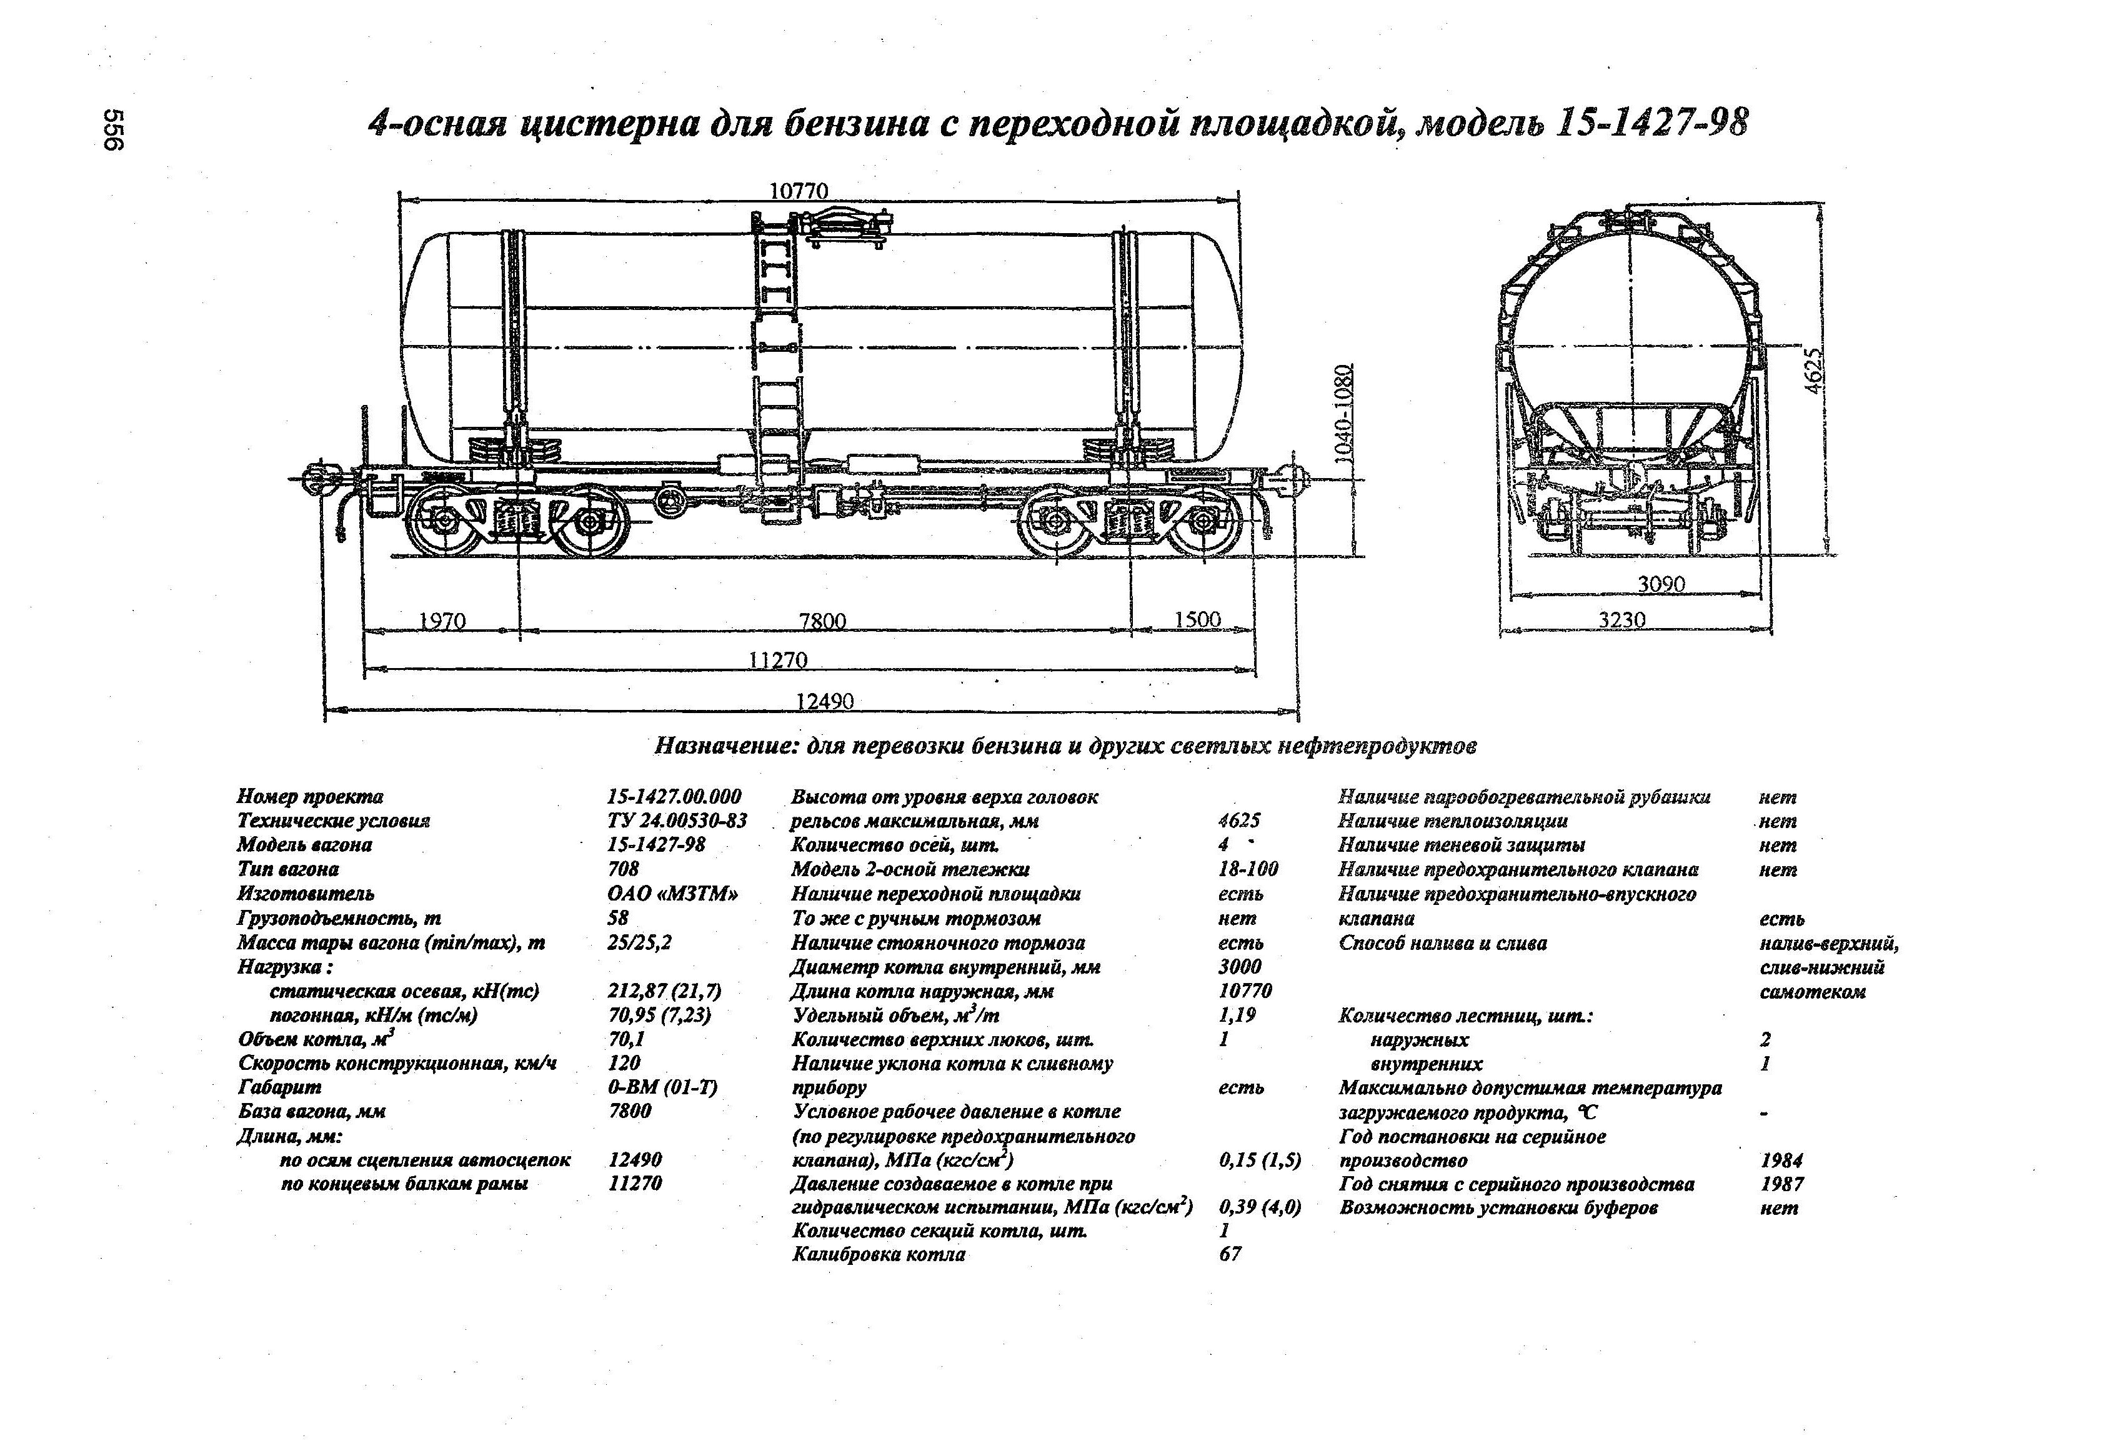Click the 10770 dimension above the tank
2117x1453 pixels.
click(799, 191)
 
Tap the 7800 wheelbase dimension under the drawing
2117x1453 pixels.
click(822, 621)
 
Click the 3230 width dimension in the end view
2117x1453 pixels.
click(1622, 619)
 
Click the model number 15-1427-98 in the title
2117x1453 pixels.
click(1653, 123)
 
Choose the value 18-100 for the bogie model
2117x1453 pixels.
click(1248, 869)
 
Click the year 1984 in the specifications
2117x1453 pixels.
click(1782, 1161)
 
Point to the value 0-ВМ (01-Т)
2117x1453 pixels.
click(662, 1087)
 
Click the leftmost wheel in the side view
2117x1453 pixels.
click(444, 522)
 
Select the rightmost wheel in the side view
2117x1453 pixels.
click(1204, 522)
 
